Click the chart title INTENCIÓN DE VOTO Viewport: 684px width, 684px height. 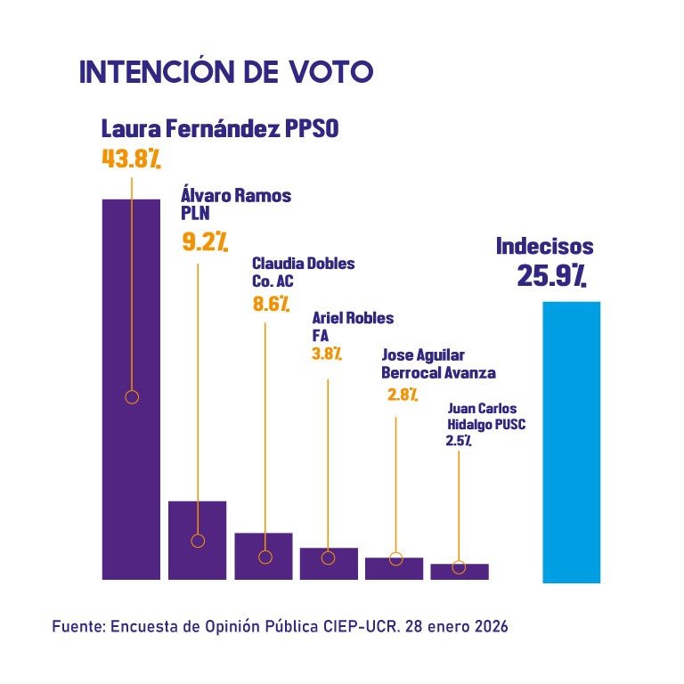pos(225,72)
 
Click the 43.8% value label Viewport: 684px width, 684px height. pos(131,159)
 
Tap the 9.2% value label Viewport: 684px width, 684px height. pos(205,241)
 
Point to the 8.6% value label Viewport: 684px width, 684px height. pos(272,305)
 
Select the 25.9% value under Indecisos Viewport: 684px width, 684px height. pos(551,276)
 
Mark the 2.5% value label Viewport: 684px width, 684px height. pos(459,441)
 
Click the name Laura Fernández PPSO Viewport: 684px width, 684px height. pos(219,128)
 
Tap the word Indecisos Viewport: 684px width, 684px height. pos(544,246)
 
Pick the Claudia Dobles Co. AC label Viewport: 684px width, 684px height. pos(303,273)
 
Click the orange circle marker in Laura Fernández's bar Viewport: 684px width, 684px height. pos(132,397)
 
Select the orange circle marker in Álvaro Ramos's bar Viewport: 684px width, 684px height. pos(198,541)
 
